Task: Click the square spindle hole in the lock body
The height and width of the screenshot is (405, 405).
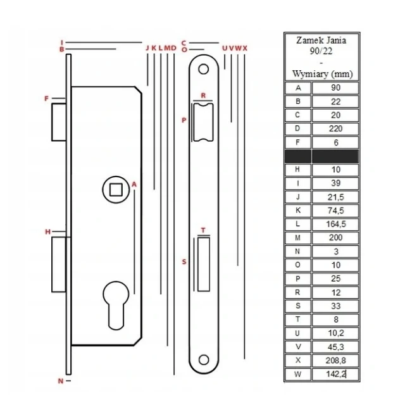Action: (116, 190)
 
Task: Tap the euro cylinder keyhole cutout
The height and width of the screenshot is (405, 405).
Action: (116, 306)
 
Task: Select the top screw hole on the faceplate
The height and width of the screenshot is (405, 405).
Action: (203, 69)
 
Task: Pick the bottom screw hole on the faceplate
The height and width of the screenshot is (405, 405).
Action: (204, 360)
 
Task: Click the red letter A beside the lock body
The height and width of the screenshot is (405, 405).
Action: (134, 184)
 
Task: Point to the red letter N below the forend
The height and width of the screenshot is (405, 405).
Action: (61, 381)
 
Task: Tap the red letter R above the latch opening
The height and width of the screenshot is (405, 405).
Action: (203, 96)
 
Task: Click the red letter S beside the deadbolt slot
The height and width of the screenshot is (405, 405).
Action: (184, 261)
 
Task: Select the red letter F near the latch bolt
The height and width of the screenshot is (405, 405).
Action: (46, 99)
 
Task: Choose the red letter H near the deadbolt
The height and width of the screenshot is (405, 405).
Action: (48, 232)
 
